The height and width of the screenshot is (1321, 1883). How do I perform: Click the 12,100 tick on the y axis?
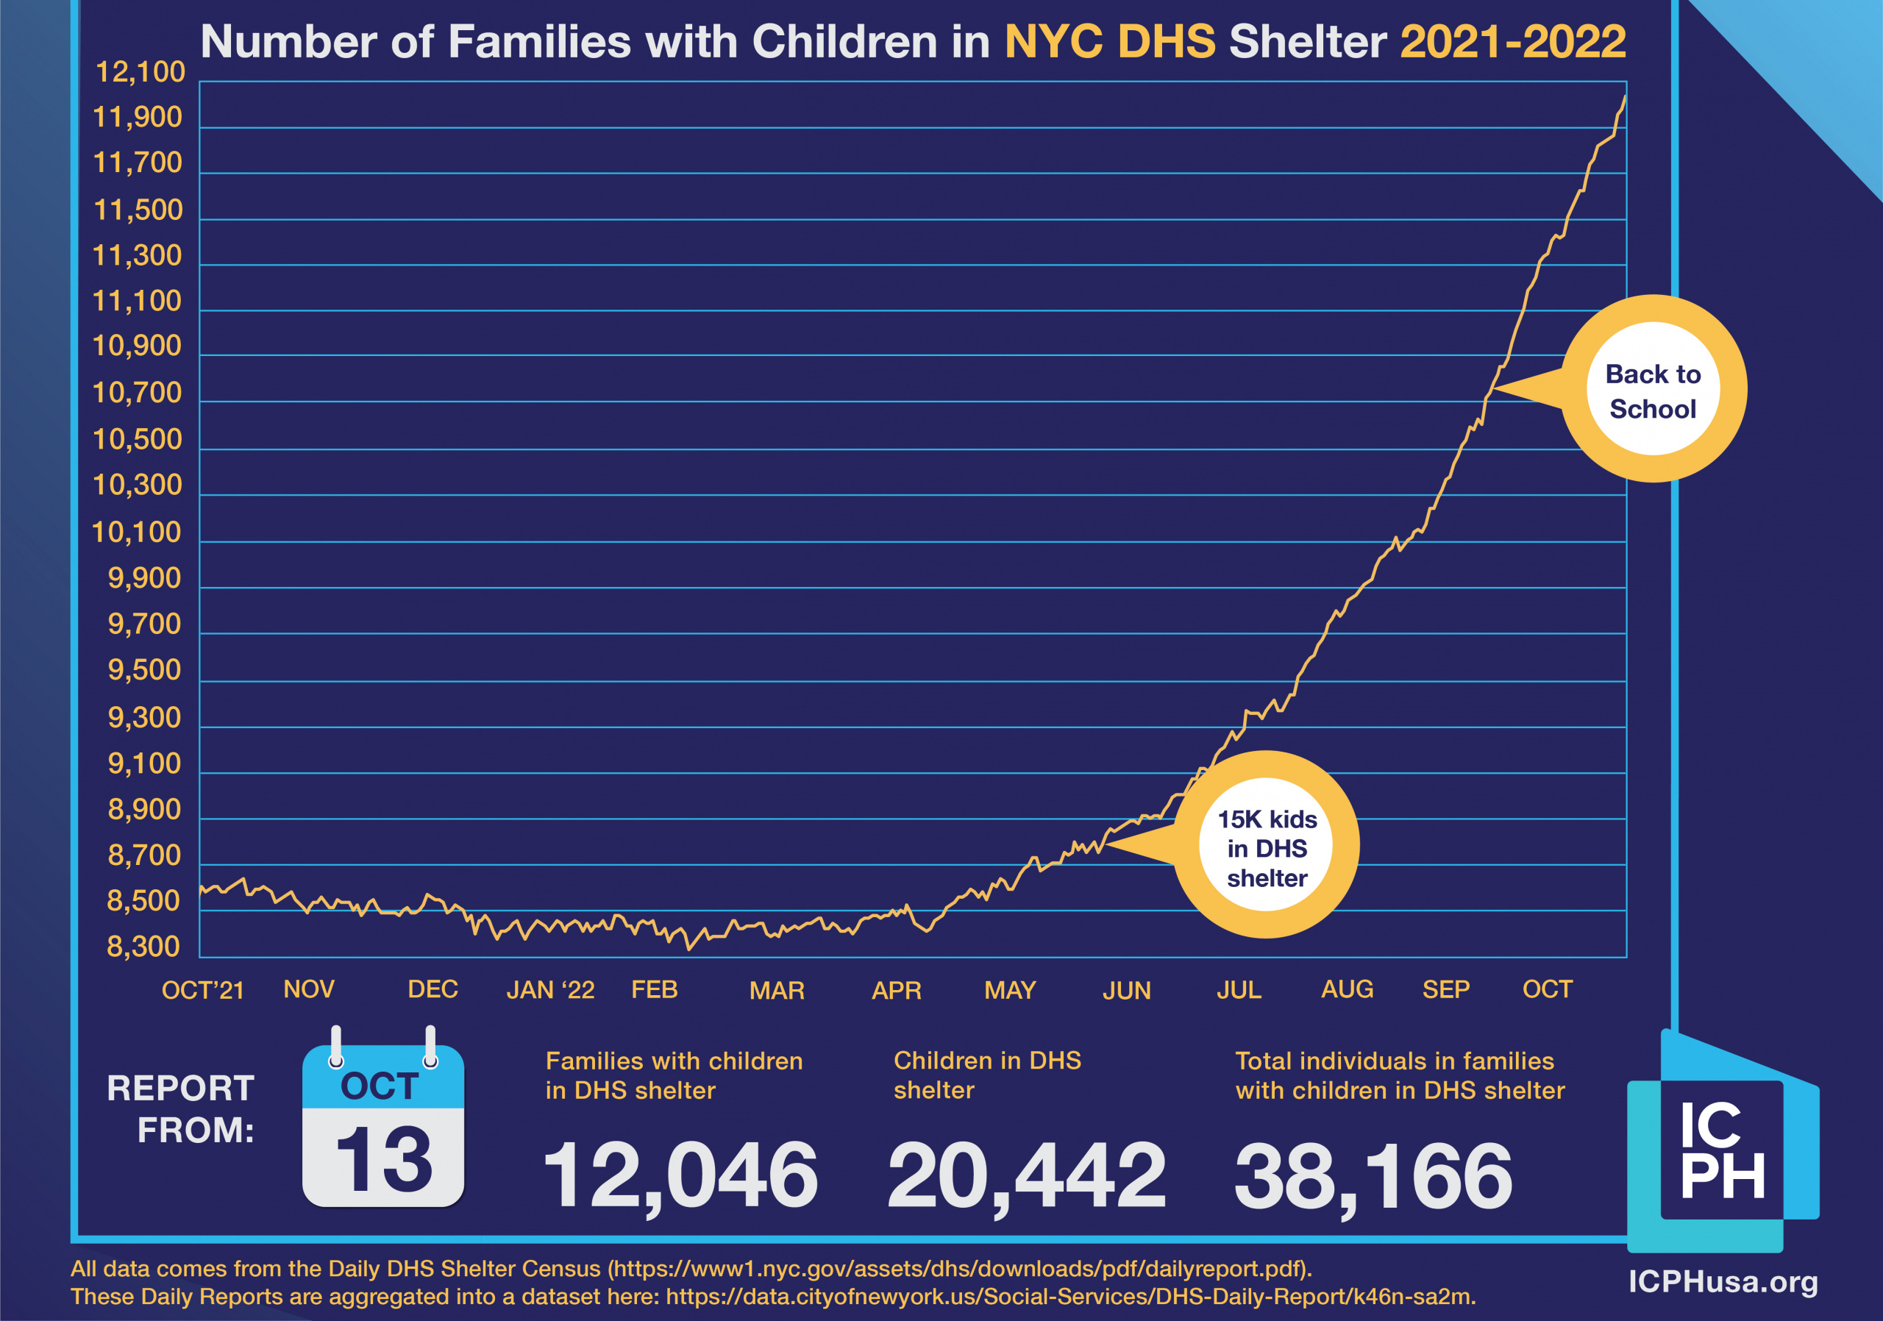coord(140,72)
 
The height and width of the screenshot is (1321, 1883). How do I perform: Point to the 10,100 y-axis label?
coord(136,533)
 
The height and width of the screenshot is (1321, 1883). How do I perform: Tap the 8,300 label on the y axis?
coord(143,947)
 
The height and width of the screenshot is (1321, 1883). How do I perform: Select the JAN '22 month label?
coord(550,990)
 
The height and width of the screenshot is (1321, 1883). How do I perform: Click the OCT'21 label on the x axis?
coord(202,990)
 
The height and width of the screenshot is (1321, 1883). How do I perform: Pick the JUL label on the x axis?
coord(1239,990)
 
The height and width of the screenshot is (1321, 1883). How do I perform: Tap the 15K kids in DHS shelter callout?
coord(1267,848)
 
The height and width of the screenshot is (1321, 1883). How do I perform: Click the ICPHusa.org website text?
coord(1722,1281)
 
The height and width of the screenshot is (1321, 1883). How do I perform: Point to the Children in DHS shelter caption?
coord(986,1075)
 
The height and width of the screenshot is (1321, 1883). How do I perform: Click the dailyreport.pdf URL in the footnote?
coord(960,1269)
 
